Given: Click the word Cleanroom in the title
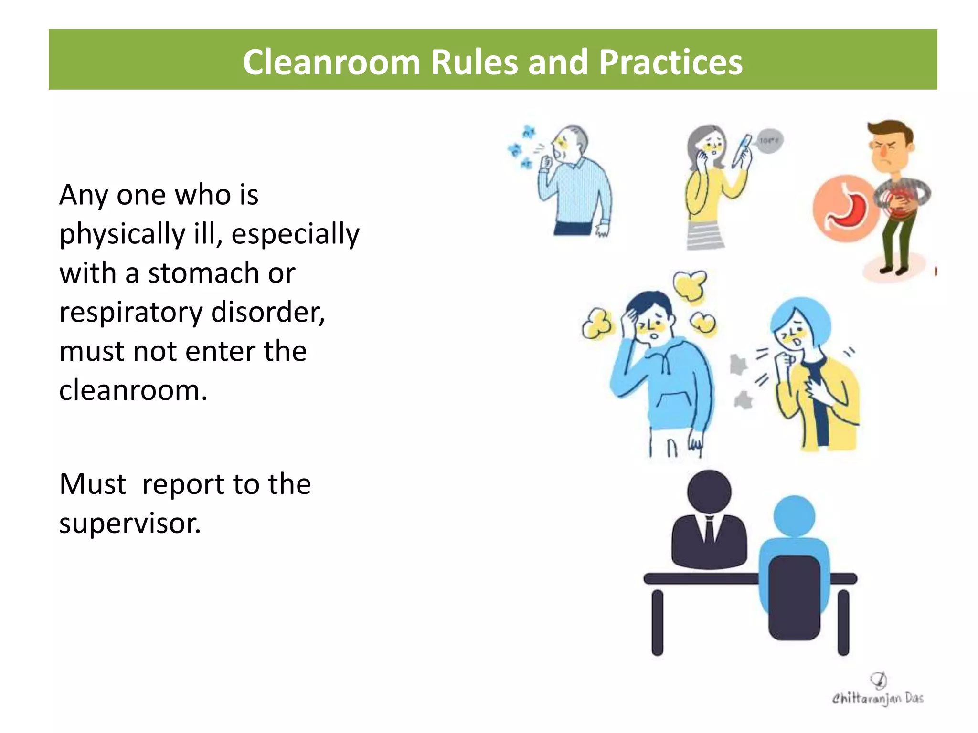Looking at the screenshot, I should pos(331,63).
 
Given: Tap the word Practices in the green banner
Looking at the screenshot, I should pos(670,63).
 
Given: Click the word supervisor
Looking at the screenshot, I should pos(130,524).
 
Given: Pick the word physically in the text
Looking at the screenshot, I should pos(122,234).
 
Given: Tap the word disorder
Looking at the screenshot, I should pos(268,313).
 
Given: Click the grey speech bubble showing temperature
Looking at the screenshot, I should pos(769,141).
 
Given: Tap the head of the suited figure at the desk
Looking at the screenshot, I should pos(709,492).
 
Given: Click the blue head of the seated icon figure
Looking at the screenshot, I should pos(794,516).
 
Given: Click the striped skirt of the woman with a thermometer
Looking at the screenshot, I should pos(705,236).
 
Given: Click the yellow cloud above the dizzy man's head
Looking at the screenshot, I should pos(690,285).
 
